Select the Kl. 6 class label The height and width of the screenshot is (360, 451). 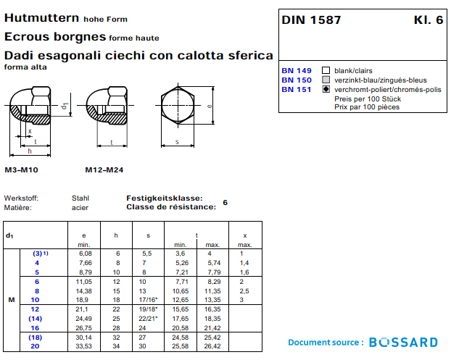pos(428,20)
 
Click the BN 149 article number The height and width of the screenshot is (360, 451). pos(296,70)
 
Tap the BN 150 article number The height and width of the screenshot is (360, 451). pos(296,80)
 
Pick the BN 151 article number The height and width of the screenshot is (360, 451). pos(296,89)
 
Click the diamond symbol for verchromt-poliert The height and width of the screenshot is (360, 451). pos(326,89)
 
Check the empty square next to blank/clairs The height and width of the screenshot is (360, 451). pos(326,70)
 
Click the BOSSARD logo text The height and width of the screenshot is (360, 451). pos(403,342)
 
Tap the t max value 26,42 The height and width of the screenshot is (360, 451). pos(212,346)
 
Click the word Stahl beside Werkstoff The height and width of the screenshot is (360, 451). pos(80,198)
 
